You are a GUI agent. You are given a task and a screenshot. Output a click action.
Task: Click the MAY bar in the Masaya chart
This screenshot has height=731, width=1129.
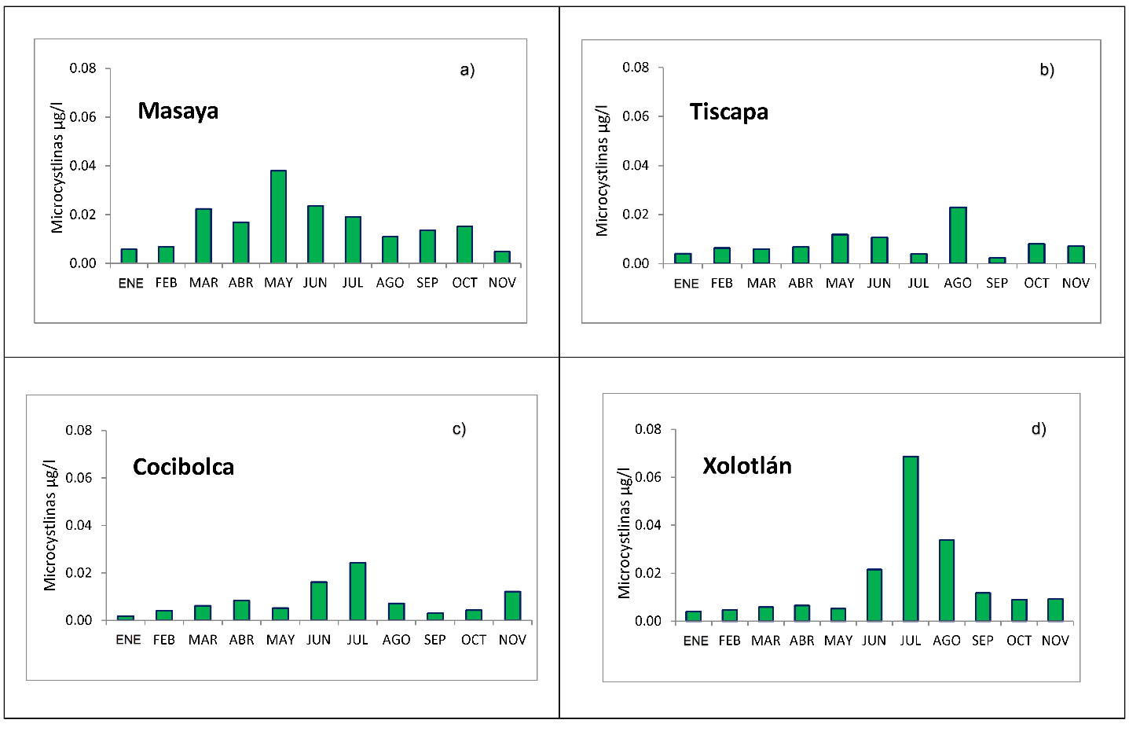[x=278, y=217]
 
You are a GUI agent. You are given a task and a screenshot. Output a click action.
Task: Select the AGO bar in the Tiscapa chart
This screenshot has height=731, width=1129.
[x=958, y=235]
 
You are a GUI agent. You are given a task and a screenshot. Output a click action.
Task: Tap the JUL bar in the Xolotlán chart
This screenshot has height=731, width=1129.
[x=911, y=538]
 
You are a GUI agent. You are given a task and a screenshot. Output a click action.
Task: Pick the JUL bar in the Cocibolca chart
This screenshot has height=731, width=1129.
[x=357, y=591]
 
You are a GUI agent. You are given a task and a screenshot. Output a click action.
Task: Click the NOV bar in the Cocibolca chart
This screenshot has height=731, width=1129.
[x=512, y=605]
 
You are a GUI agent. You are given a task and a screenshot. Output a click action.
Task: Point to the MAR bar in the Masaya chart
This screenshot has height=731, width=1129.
[x=203, y=236]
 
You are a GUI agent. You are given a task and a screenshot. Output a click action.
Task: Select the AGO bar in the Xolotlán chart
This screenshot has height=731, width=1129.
[x=947, y=580]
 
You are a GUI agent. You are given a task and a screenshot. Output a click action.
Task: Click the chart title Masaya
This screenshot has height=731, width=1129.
[x=178, y=111]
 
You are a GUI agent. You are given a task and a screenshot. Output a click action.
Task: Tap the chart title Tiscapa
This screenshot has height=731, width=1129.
[x=728, y=112]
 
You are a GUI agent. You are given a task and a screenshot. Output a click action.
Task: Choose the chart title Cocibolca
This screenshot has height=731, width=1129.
[x=183, y=467]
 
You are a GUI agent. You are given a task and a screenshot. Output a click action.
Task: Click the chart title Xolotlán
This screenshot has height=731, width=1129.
[x=746, y=466]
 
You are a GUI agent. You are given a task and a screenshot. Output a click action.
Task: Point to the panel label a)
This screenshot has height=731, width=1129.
[x=467, y=70]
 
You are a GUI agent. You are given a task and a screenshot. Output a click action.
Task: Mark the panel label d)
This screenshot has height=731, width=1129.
[x=1039, y=428]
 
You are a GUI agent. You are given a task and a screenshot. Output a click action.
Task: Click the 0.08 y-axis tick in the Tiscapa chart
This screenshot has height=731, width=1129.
[x=636, y=68]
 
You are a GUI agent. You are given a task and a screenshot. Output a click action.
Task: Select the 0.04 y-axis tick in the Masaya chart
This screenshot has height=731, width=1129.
[x=82, y=166]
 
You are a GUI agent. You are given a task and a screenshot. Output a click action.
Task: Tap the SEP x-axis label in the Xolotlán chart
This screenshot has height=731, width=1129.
[x=983, y=641]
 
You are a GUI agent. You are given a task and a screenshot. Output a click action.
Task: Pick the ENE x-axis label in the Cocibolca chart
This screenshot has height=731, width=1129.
[x=128, y=640]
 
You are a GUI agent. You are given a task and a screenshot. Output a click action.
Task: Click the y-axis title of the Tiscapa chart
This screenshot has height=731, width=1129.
[x=602, y=169]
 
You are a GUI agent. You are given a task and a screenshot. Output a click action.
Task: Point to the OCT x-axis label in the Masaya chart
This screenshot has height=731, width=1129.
[x=464, y=283]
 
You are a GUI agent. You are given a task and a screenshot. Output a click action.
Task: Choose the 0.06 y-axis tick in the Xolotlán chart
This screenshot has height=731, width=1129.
[x=648, y=477]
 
